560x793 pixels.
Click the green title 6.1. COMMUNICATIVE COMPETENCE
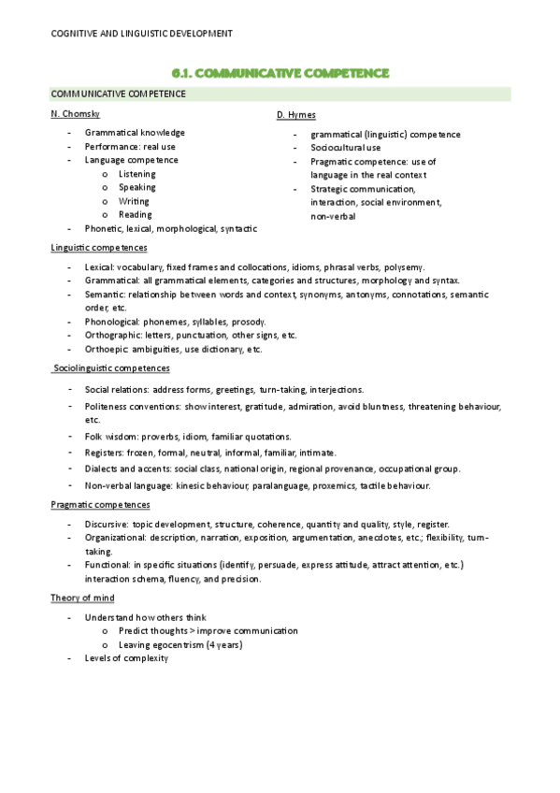click(x=280, y=72)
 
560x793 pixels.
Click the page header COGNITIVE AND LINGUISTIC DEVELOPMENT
click(x=141, y=34)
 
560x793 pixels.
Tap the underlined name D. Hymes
click(x=296, y=115)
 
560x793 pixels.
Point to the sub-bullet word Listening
click(x=137, y=174)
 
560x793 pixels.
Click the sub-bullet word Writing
click(x=134, y=201)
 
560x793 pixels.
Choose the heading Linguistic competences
click(x=98, y=248)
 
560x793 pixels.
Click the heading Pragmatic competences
click(x=100, y=505)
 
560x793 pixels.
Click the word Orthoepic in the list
click(x=106, y=349)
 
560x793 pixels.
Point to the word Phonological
click(x=111, y=322)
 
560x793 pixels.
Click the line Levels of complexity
click(x=125, y=658)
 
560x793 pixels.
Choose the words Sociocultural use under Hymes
click(x=346, y=148)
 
